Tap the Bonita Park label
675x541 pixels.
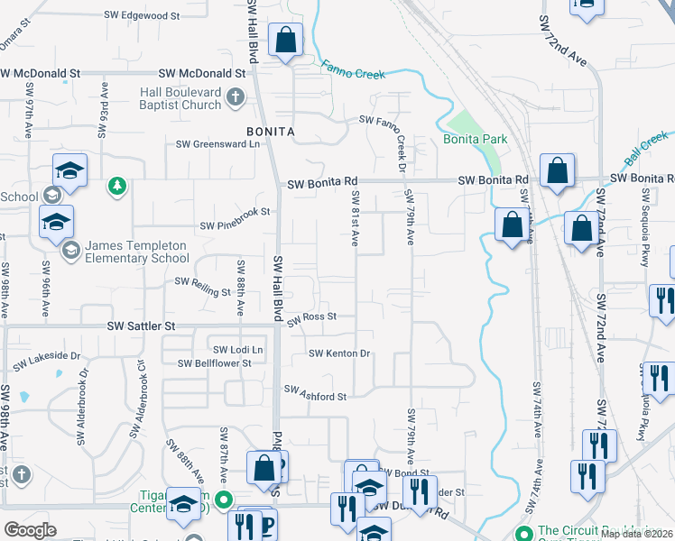click(x=475, y=139)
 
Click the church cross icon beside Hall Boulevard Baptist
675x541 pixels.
click(x=235, y=97)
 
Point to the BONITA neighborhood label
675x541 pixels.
click(x=271, y=132)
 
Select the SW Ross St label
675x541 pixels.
click(x=312, y=317)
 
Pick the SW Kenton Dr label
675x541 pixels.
click(x=340, y=353)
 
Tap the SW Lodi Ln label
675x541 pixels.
click(x=238, y=349)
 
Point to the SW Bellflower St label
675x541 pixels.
click(x=214, y=363)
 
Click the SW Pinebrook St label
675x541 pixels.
click(x=235, y=213)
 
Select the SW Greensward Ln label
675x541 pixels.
click(x=217, y=143)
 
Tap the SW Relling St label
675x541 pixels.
click(x=203, y=286)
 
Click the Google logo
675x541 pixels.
click(x=30, y=530)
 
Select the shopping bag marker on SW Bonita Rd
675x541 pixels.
click(x=558, y=170)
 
